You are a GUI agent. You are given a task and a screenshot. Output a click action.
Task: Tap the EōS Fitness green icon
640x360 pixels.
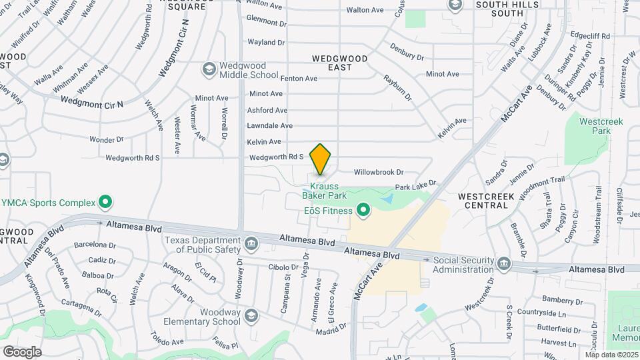coord(363,211)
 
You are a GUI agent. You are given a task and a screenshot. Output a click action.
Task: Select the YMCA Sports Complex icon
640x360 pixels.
coord(105,201)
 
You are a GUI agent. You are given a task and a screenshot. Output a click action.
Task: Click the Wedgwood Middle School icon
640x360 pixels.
coord(209,69)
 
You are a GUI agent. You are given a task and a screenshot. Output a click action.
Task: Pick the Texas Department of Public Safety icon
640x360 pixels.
coord(251,244)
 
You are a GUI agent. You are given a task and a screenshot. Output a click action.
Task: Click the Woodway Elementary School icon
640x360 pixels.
coord(251,315)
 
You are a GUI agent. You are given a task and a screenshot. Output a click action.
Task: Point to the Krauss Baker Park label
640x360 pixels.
coord(325,191)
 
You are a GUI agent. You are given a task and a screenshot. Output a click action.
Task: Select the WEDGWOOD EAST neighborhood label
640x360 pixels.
coord(340,63)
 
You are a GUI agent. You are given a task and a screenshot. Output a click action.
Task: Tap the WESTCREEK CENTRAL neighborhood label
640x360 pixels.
coord(484,201)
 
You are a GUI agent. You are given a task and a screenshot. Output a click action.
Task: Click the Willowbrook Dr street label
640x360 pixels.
coord(379,171)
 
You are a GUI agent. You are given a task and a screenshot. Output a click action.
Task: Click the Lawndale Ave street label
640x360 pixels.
coord(269,125)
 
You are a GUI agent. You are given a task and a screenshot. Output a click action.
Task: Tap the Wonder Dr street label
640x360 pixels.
coord(107,139)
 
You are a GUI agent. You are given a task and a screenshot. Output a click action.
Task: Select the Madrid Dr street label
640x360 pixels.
coord(331,327)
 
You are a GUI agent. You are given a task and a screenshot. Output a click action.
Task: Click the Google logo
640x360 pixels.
coord(22,351)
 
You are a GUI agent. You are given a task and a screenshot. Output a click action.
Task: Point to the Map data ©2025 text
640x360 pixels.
coord(611,355)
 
